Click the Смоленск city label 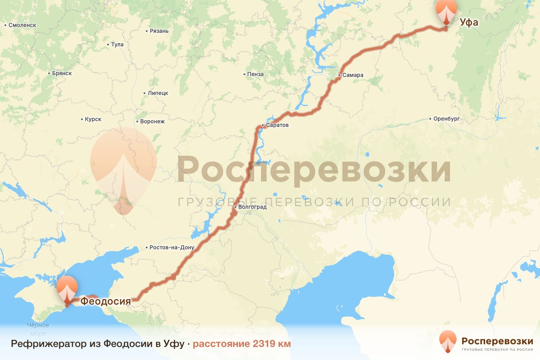point(22,25)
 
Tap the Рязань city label point(159,31)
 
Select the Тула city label point(117,45)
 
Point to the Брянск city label point(62,73)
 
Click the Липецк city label point(157,93)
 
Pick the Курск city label point(93,119)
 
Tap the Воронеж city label point(153,121)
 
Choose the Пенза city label point(255,74)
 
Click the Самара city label point(352,75)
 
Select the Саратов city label point(277,125)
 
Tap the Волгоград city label point(252,207)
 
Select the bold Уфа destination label point(468,22)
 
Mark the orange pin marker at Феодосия point(67,289)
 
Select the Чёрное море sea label point(38,329)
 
